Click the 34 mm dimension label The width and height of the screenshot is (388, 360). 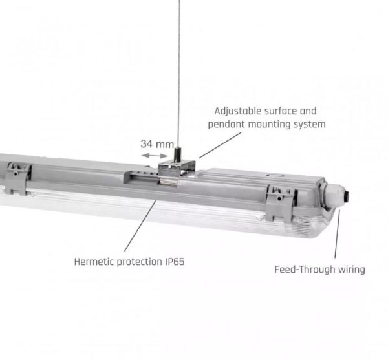tap(157, 144)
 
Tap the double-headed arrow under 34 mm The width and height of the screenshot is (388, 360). tap(155, 156)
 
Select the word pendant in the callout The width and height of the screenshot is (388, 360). tap(226, 124)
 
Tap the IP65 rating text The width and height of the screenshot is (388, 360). tap(175, 262)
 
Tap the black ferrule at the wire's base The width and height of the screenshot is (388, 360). tap(177, 154)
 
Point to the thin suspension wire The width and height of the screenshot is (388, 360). tap(179, 74)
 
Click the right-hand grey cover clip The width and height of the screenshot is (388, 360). tap(281, 203)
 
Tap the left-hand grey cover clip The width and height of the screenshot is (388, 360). tap(17, 178)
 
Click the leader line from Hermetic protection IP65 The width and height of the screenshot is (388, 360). tap(140, 226)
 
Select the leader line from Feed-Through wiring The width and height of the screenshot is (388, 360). tap(338, 234)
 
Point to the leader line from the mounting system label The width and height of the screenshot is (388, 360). tap(220, 145)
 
